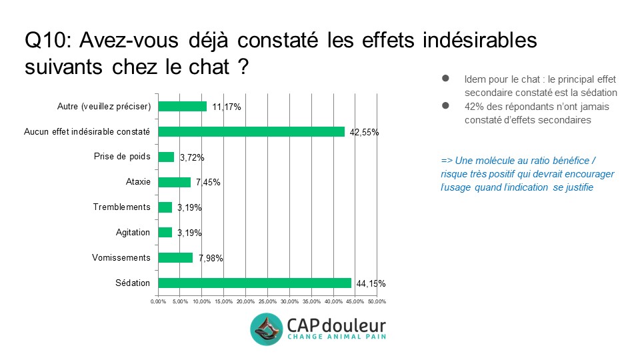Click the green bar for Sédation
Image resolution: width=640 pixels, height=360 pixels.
254,283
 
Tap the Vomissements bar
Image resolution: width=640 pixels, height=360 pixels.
175,257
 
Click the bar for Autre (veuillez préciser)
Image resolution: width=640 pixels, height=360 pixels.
181,106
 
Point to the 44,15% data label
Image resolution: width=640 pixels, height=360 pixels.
371,284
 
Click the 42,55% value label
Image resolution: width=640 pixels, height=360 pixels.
365,133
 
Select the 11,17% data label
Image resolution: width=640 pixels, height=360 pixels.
226,107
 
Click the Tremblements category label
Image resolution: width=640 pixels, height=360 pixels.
121,207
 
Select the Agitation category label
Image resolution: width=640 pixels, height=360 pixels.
133,232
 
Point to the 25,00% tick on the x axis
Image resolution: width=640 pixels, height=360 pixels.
267,302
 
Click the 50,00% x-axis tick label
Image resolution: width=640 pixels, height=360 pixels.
377,302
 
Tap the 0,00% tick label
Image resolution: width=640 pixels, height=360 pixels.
158,302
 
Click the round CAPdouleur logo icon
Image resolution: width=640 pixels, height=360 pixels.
267,329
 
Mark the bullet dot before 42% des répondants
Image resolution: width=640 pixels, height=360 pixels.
445,105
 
